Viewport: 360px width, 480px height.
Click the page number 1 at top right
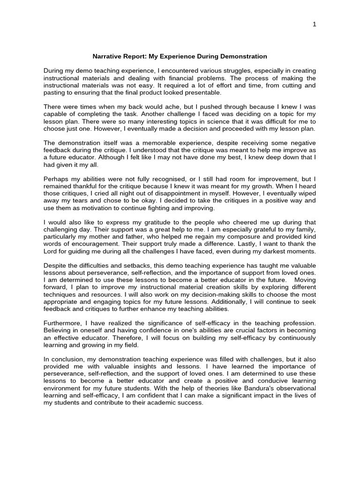click(x=315, y=24)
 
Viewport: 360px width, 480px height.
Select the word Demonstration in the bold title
click(x=244, y=56)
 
